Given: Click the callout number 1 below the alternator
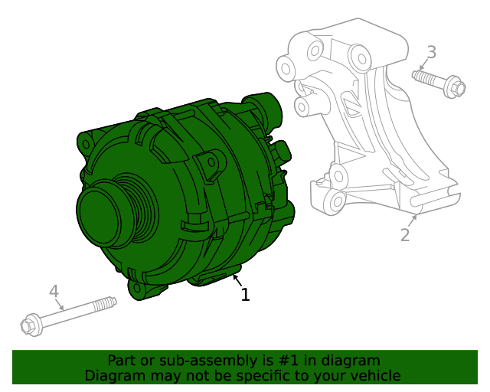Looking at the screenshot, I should tap(245, 295).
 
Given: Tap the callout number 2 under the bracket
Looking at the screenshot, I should tap(405, 235).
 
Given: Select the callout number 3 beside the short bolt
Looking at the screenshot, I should tap(432, 53).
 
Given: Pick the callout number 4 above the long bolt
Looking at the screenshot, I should tap(54, 292).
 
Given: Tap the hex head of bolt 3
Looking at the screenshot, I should tap(454, 88).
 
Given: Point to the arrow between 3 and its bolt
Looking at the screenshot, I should tap(423, 64).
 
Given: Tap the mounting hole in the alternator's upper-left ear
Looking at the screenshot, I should tap(85, 143).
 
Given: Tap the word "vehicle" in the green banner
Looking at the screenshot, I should tap(374, 375).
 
